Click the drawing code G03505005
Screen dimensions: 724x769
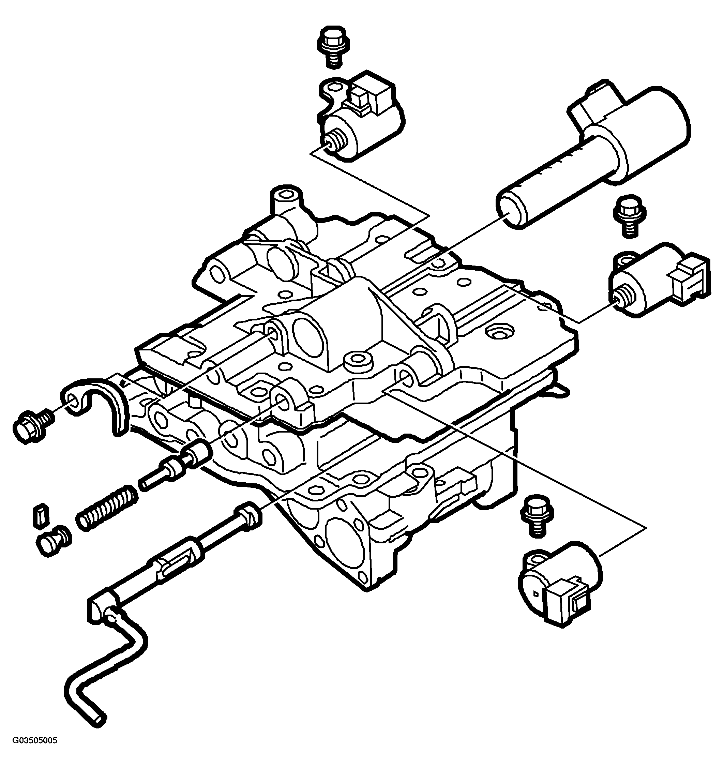coord(35,752)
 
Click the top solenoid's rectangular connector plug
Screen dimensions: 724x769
coord(371,94)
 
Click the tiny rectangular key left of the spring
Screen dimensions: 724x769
coord(40,517)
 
